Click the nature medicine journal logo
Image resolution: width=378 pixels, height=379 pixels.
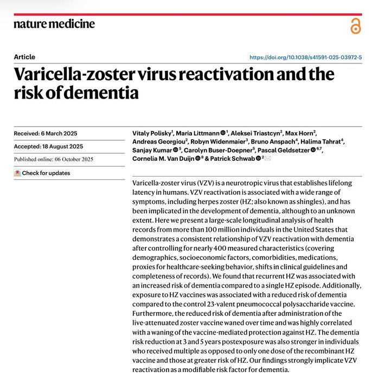[54, 24]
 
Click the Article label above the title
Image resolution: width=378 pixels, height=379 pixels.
[24, 57]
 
